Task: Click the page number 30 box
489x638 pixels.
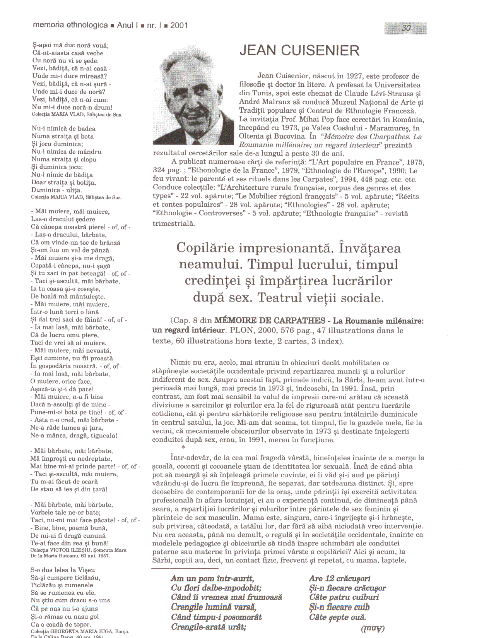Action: pyautogui.click(x=406, y=28)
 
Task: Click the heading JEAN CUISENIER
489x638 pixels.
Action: pyautogui.click(x=299, y=51)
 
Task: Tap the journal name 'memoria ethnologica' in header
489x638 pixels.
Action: pyautogui.click(x=70, y=25)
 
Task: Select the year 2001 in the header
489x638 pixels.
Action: pyautogui.click(x=179, y=26)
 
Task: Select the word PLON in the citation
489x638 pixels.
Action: pyautogui.click(x=241, y=331)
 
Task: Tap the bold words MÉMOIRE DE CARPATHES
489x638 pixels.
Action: pyautogui.click(x=270, y=321)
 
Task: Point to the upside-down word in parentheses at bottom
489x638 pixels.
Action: pyautogui.click(x=372, y=628)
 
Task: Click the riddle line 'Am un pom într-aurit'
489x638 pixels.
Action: pyautogui.click(x=212, y=578)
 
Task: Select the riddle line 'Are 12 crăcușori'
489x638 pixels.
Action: pyautogui.click(x=340, y=578)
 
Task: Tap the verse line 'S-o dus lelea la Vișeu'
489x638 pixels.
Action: pyautogui.click(x=63, y=570)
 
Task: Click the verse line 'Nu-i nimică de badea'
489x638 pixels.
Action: pyautogui.click(x=63, y=129)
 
